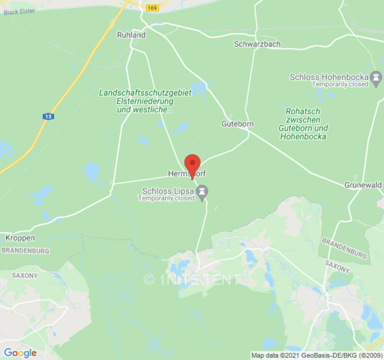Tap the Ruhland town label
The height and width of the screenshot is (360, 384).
coord(131,35)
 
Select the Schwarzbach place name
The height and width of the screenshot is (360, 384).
coord(257,44)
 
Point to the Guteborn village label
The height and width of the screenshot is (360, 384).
coord(237,124)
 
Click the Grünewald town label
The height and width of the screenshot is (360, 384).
coord(363,185)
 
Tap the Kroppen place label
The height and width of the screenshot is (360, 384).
coord(20,238)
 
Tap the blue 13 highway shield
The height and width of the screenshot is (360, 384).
coord(48,117)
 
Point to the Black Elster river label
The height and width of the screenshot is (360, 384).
coord(19,11)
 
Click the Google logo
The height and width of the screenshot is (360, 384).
coord(20,353)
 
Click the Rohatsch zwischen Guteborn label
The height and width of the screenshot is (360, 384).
coord(303,124)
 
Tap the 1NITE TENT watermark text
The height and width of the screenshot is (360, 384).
coord(192,279)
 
